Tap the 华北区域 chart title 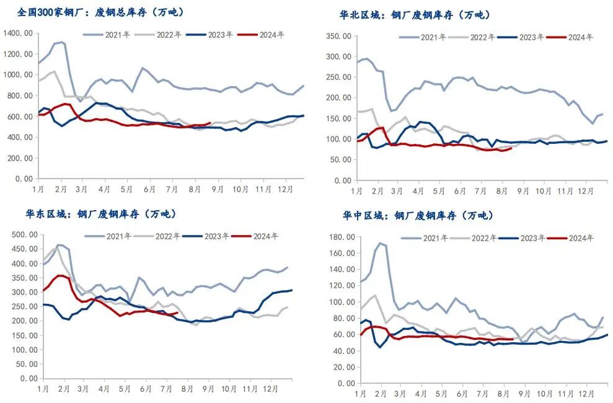415,15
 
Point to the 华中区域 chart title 418,216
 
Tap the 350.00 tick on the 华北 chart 340,36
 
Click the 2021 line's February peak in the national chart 61,42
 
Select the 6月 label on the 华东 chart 146,389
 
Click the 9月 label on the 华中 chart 524,393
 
